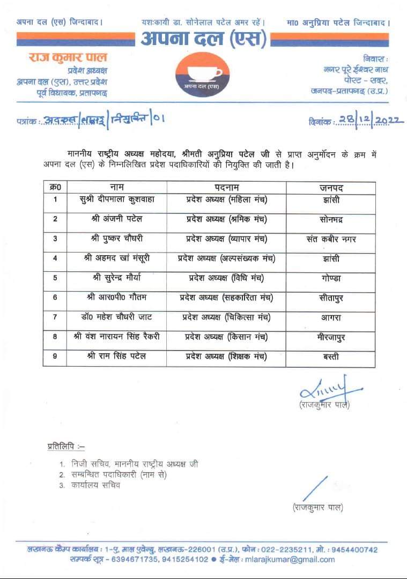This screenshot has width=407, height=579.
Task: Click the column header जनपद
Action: click(x=330, y=187)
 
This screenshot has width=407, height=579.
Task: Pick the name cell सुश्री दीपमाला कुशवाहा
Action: click(x=116, y=200)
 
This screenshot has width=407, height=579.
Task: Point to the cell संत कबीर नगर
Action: click(x=330, y=239)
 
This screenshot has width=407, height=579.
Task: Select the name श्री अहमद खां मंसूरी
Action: click(x=116, y=258)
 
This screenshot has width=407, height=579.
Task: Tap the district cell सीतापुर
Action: click(x=330, y=297)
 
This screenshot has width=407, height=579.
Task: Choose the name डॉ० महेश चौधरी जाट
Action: click(x=116, y=317)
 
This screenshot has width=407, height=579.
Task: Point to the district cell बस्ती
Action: click(x=330, y=356)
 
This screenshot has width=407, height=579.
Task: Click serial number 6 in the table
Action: click(x=55, y=298)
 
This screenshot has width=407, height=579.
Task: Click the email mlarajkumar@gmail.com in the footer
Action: click(x=290, y=559)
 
